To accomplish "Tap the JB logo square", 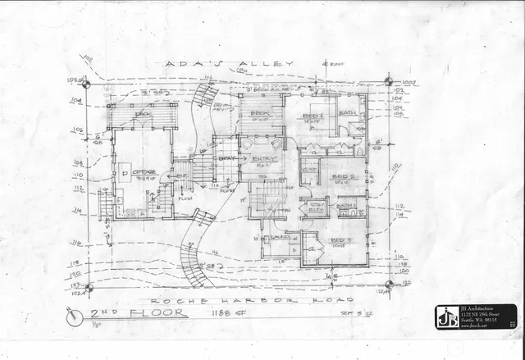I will tap(448, 317).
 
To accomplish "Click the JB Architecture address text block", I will tap(488, 316).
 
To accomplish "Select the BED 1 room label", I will tap(313, 117).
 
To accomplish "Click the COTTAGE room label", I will tap(142, 173).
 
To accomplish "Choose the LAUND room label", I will tap(276, 239).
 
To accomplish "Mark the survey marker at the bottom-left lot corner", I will tap(89, 288).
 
